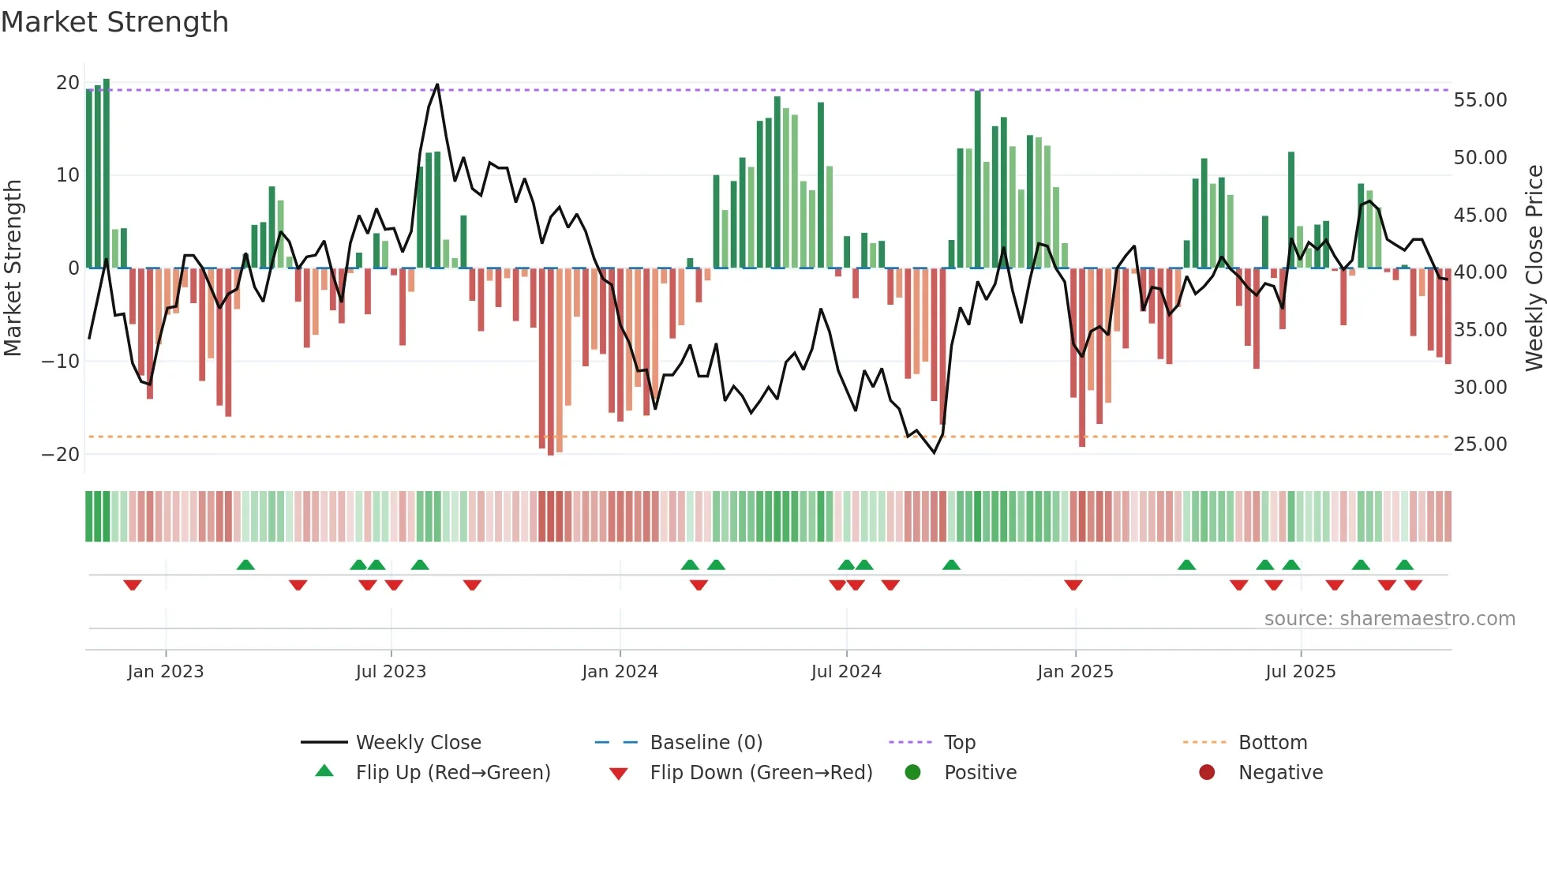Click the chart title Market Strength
tap(114, 22)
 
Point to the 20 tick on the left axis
tap(68, 83)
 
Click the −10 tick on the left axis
tap(61, 362)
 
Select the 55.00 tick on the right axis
tap(1480, 100)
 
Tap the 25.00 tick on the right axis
tap(1480, 444)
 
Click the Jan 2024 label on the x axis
tap(620, 672)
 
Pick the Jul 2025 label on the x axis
tap(1300, 672)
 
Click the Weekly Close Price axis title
tap(1534, 268)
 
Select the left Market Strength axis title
tap(13, 268)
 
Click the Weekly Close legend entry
tap(418, 743)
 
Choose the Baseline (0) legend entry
tap(706, 743)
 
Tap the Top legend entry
tap(959, 743)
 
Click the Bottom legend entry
tap(1272, 743)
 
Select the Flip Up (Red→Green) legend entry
tap(452, 773)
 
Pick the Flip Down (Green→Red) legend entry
tap(761, 773)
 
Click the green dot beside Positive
tap(913, 773)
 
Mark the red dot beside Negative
tap(1207, 773)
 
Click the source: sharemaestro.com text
tap(1389, 619)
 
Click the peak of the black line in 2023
tap(437, 84)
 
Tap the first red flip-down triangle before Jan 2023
tap(133, 585)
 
